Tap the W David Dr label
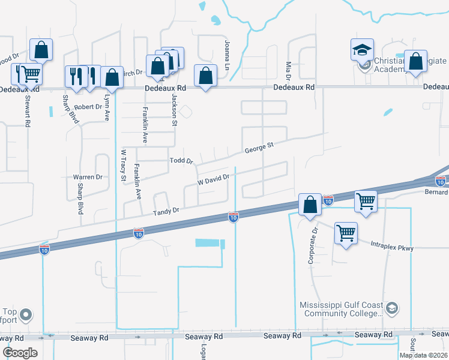[214, 179]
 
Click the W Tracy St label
[124, 165]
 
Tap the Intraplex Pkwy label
[392, 245]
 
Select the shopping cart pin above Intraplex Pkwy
[346, 233]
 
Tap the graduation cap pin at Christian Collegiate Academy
[362, 50]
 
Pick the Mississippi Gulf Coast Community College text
[342, 309]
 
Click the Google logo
[20, 353]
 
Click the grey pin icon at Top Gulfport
[26, 314]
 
